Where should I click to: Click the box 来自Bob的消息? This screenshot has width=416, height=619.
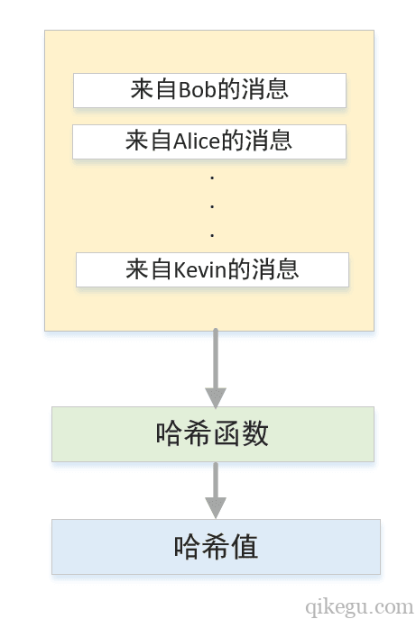click(209, 90)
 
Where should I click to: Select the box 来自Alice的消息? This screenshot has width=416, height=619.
click(209, 141)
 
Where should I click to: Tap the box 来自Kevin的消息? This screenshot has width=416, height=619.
click(212, 269)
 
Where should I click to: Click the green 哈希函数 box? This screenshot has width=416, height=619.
click(212, 434)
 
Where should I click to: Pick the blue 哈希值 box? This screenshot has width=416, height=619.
click(216, 547)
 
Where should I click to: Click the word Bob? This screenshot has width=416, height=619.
click(195, 90)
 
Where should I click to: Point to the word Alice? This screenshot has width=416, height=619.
click(196, 141)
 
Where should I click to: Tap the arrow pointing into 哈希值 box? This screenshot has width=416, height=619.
click(215, 490)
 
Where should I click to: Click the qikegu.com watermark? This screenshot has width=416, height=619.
click(359, 606)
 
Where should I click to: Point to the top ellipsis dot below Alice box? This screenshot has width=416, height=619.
click(212, 178)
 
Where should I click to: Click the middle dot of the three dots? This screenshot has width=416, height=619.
click(212, 206)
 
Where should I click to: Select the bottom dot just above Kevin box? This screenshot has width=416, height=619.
click(212, 235)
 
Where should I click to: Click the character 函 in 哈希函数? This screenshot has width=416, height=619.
click(227, 434)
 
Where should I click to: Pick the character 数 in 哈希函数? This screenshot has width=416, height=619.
click(256, 434)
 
